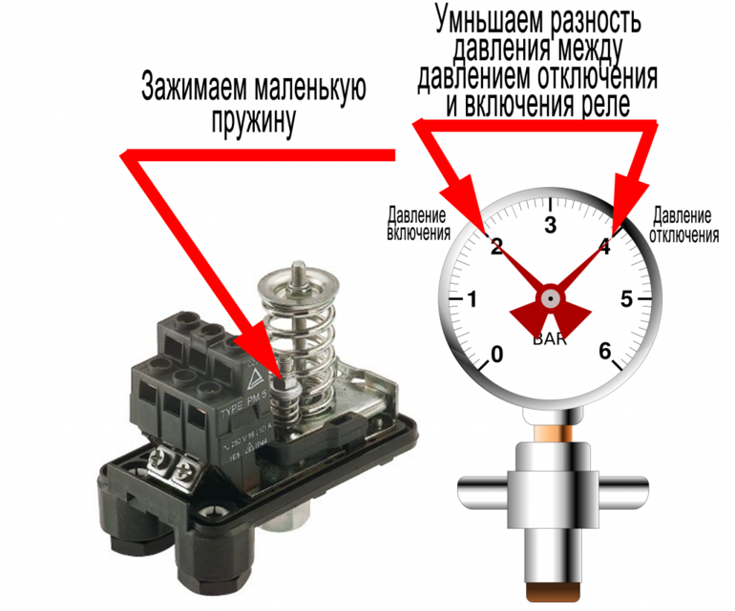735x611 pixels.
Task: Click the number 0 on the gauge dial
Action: pos(496,356)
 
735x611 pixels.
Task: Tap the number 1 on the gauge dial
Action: pos(471,300)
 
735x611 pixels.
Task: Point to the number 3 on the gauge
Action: pos(550,226)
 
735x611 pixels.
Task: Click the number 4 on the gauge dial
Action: pos(603,247)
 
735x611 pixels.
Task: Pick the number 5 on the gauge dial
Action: pos(627,299)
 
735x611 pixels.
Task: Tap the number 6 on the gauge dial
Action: pos(604,352)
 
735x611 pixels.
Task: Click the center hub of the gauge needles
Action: pos(550,298)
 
